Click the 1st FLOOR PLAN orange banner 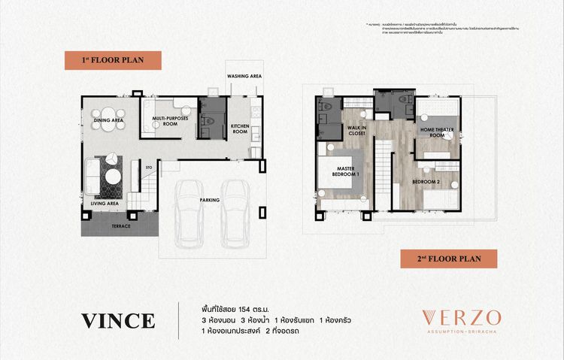(x=112, y=60)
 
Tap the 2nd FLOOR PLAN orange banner (x=447, y=259)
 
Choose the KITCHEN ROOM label (x=240, y=128)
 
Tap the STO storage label (x=149, y=168)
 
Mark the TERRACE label (x=121, y=225)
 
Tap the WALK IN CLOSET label (x=355, y=135)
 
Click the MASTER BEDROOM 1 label (x=347, y=171)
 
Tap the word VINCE (x=119, y=320)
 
